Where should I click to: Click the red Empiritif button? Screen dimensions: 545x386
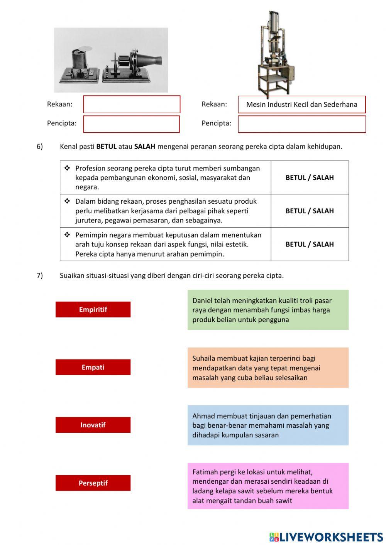[93, 309]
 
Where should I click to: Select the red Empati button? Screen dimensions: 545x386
[93, 367]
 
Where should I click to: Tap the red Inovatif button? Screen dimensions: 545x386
[93, 425]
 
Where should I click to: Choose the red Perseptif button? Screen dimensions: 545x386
[93, 483]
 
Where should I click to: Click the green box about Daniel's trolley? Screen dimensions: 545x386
[268, 310]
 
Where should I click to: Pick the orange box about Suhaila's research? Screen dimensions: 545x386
[268, 368]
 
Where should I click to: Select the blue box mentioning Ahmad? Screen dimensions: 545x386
[268, 425]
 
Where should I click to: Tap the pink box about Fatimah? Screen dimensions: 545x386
[268, 486]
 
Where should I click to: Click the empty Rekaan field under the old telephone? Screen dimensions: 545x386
[132, 104]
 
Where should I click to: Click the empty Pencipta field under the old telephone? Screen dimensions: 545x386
[132, 124]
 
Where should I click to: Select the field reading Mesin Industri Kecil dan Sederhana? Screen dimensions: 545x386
[301, 105]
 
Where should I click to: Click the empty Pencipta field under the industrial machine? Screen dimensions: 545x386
[301, 124]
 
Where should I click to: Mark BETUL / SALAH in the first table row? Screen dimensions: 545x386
[310, 177]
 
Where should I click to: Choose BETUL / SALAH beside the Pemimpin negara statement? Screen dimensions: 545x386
[310, 244]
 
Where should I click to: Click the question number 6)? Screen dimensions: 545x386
[40, 147]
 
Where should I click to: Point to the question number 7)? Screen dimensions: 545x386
[40, 275]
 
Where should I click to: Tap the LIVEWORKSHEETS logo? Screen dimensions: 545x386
[326, 537]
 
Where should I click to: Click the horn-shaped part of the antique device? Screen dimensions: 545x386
[151, 61]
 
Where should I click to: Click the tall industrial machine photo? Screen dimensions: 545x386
[275, 54]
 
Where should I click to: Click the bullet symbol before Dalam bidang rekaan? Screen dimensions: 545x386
[67, 201]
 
